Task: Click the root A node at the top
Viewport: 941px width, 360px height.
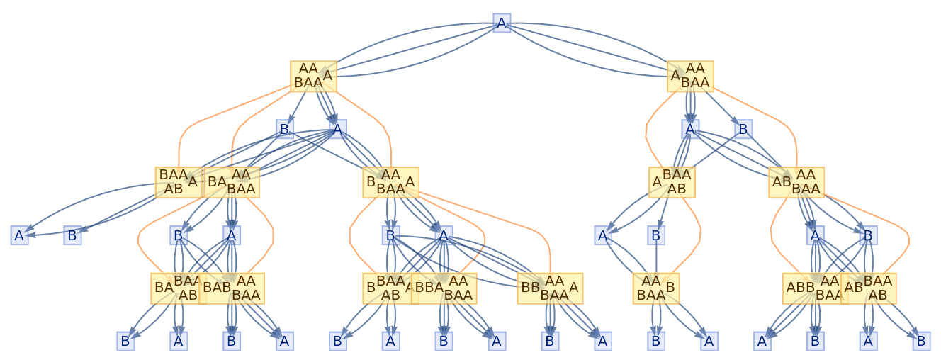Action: (x=502, y=23)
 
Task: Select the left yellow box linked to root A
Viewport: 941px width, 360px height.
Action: (x=313, y=76)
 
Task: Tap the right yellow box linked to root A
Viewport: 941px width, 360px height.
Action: (x=690, y=76)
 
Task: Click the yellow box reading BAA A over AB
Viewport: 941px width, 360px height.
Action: (x=179, y=182)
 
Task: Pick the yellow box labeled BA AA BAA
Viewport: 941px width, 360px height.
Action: (x=231, y=182)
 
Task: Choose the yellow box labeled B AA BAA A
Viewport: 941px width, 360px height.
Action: (x=390, y=182)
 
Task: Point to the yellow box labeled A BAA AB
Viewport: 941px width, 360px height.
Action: (x=672, y=182)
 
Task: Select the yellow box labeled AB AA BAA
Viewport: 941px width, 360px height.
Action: (x=796, y=182)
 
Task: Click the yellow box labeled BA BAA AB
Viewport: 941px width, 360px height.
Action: (x=175, y=288)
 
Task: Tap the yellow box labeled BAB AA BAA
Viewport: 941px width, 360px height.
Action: (x=232, y=288)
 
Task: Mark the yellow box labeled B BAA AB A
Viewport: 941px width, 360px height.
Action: (x=388, y=288)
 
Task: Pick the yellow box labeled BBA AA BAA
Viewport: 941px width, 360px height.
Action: (x=444, y=288)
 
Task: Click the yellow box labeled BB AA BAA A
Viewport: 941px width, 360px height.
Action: (x=550, y=288)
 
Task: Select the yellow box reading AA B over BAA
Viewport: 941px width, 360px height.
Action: (x=656, y=288)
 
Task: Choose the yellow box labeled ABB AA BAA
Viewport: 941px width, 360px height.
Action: (x=812, y=288)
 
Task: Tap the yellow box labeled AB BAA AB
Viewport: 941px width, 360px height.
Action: (x=869, y=288)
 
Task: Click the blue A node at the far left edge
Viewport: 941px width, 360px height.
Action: (x=19, y=235)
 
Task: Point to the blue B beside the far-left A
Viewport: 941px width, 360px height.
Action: (x=72, y=235)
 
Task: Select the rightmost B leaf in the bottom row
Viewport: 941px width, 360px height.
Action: (x=921, y=341)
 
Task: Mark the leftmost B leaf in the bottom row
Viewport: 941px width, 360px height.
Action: (x=125, y=341)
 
